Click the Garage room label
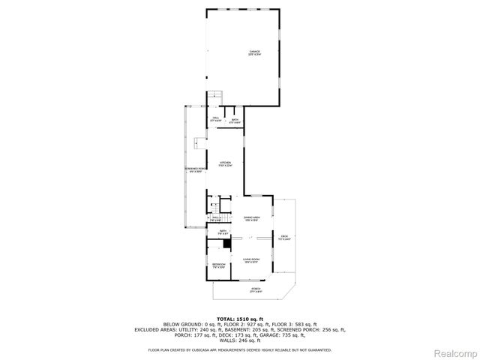click(x=255, y=52)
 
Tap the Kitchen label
click(x=226, y=164)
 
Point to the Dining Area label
click(x=250, y=219)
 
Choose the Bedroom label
click(x=218, y=265)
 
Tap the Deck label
click(x=283, y=238)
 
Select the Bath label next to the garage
click(x=235, y=121)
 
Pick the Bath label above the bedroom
click(x=222, y=232)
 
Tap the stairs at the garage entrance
click(x=215, y=95)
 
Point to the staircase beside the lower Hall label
click(x=215, y=208)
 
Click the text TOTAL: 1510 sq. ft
click(x=240, y=319)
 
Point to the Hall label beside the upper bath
click(x=215, y=119)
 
